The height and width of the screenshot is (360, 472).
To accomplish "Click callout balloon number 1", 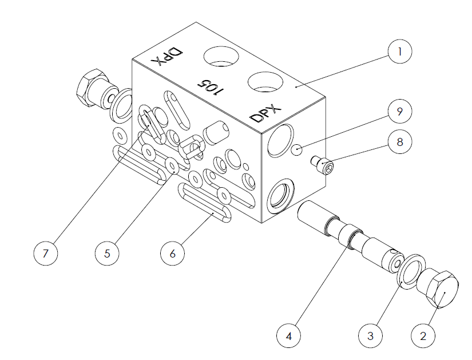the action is click(x=400, y=52).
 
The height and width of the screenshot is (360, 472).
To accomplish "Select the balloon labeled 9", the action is click(x=400, y=112).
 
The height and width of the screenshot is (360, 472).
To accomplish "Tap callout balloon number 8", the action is click(x=400, y=141).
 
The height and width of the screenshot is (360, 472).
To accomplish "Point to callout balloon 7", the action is click(x=45, y=254).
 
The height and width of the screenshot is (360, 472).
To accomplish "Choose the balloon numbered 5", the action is click(x=107, y=254).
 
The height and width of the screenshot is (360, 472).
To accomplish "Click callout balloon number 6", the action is click(x=172, y=254).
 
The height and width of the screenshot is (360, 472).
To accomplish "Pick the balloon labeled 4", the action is click(x=289, y=335).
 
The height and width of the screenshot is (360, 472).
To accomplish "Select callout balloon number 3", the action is click(x=371, y=335).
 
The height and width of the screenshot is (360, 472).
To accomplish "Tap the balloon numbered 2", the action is click(x=423, y=335).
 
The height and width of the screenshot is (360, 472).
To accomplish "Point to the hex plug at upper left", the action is click(x=97, y=88).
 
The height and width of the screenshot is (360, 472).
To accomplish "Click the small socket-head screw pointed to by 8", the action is click(x=323, y=164).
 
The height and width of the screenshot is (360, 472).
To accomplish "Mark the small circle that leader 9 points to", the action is click(x=297, y=150).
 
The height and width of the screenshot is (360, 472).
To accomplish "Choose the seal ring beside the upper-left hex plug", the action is click(x=121, y=106).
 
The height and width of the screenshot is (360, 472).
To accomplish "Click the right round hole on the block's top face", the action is click(x=265, y=82).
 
